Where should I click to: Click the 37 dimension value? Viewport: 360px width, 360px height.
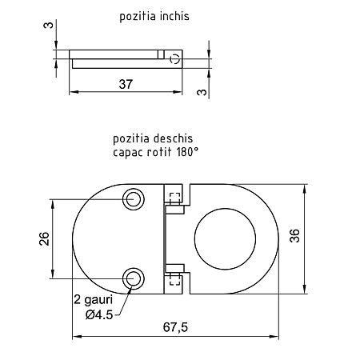[126, 84]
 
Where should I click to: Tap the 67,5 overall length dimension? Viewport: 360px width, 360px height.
[175, 327]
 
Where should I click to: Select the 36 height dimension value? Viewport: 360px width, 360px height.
[294, 235]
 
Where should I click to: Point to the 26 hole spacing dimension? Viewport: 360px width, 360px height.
[44, 238]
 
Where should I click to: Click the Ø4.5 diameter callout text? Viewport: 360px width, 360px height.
[99, 315]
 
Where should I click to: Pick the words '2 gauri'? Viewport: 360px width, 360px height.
[94, 300]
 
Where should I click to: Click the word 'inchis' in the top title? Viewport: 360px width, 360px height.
[174, 16]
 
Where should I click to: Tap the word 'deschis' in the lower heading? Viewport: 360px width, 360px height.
[173, 138]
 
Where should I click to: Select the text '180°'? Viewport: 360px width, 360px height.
[187, 152]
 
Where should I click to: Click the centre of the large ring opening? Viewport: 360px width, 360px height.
[225, 239]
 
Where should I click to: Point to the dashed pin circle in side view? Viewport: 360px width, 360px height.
[175, 58]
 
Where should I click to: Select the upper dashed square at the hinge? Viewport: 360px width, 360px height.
[175, 198]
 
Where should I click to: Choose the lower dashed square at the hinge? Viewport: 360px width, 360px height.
[175, 279]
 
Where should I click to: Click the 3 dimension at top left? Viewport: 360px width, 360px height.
[49, 26]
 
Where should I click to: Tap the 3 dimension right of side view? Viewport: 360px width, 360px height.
[202, 92]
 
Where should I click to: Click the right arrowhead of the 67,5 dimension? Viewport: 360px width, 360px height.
[274, 337]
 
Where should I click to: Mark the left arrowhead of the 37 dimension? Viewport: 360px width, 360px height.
[74, 92]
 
